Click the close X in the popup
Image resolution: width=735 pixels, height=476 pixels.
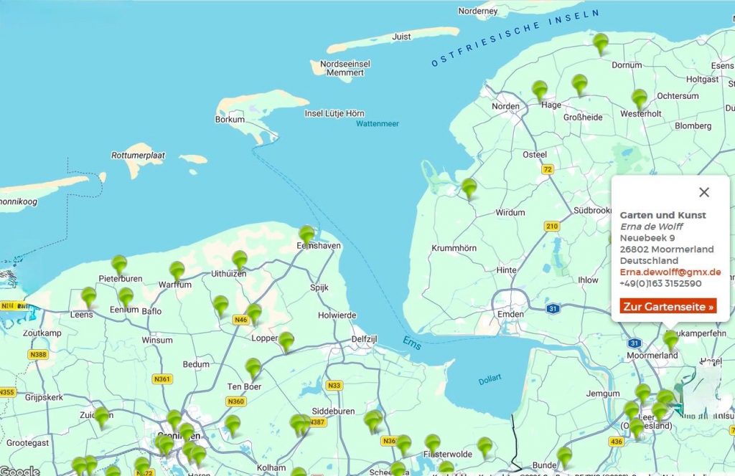[703, 192]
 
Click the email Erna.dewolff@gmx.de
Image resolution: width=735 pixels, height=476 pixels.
[670, 272]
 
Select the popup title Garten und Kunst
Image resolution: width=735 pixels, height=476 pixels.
[663, 215]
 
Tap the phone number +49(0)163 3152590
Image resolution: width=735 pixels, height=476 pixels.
[660, 283]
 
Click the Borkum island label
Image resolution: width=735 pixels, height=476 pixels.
[230, 119]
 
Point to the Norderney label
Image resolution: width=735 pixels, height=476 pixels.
[477, 11]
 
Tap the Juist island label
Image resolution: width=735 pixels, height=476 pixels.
[401, 37]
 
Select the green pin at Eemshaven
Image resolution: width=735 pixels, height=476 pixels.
[307, 234]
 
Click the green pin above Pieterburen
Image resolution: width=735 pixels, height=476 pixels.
[119, 264]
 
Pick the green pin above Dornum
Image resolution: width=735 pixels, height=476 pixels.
[601, 43]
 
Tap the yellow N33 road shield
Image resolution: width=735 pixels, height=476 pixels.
[334, 386]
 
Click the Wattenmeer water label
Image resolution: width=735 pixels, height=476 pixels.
[377, 124]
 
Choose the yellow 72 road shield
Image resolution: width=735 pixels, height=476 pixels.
[548, 169]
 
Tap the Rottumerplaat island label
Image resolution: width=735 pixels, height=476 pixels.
[138, 155]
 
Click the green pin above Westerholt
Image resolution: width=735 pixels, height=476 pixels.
[640, 98]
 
